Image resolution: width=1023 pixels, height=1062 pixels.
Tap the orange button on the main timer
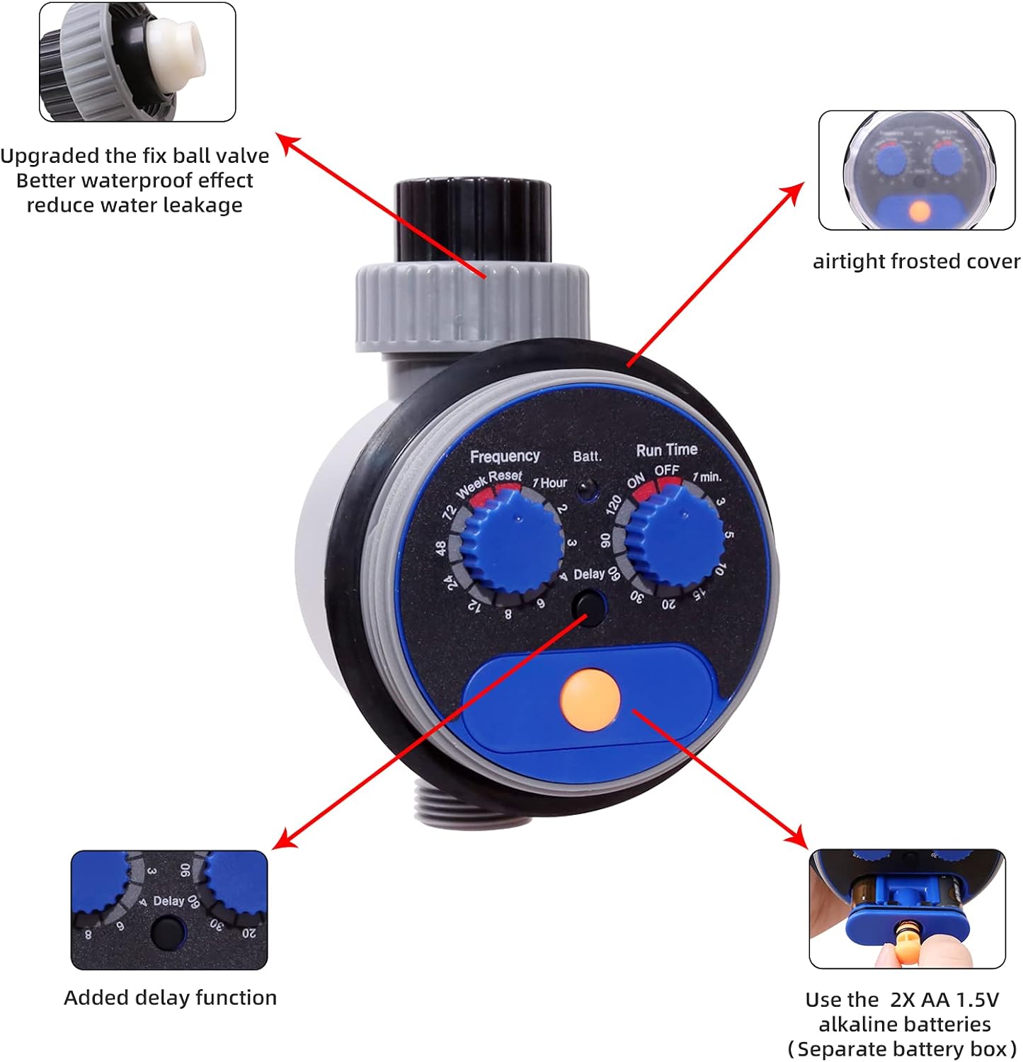[590, 700]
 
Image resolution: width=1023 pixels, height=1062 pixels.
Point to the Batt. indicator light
[585, 488]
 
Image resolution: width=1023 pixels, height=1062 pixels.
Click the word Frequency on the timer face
[505, 457]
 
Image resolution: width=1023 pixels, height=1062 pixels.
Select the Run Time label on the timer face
[666, 450]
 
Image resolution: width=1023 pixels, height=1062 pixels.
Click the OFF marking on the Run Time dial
[666, 470]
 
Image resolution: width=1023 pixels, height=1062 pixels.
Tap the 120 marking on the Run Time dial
[614, 504]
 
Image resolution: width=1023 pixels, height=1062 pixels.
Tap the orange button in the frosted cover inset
[919, 211]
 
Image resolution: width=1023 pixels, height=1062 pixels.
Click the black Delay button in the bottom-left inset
[168, 933]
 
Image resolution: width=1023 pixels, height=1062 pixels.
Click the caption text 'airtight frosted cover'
[916, 261]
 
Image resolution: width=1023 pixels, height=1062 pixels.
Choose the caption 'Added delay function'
[170, 998]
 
